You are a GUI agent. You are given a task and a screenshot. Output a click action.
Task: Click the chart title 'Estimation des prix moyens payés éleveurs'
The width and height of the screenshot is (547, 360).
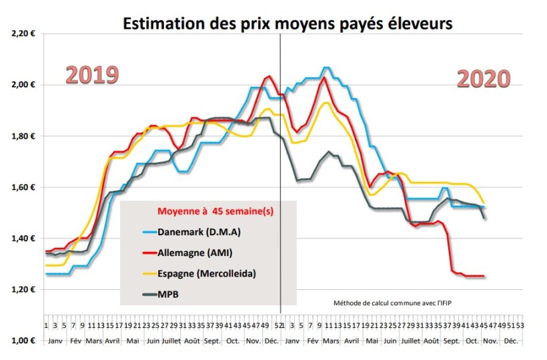point(288,24)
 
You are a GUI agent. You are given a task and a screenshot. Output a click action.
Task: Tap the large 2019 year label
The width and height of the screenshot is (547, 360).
point(92,75)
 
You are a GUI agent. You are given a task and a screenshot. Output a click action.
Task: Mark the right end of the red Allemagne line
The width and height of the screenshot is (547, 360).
point(484,276)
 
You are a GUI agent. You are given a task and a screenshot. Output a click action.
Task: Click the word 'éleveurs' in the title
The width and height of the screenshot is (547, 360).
point(420,24)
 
